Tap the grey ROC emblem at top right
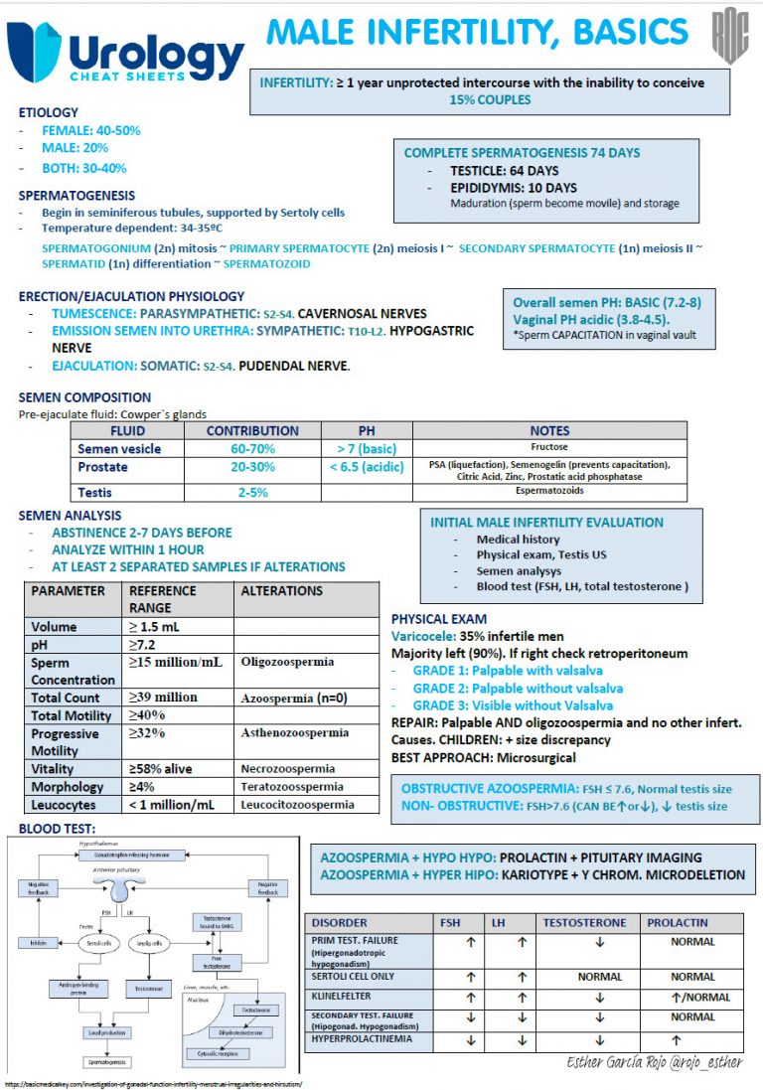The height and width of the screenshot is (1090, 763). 729,40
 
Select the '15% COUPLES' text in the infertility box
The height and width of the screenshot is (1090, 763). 490,99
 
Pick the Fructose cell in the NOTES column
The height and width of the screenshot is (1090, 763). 549,447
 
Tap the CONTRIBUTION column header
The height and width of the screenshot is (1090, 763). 251,430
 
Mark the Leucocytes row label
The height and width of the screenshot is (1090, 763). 67,804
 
